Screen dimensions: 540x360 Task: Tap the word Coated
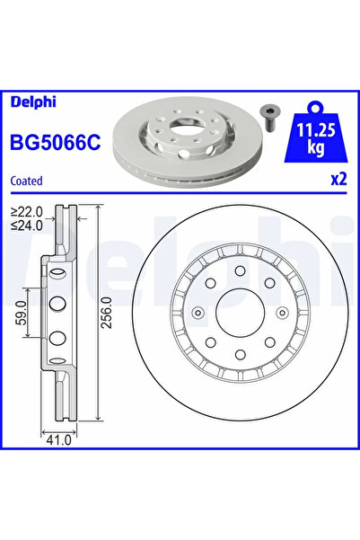tap(28, 181)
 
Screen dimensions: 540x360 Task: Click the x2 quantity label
tap(338, 180)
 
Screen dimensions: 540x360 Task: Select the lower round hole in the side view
tap(56, 338)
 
